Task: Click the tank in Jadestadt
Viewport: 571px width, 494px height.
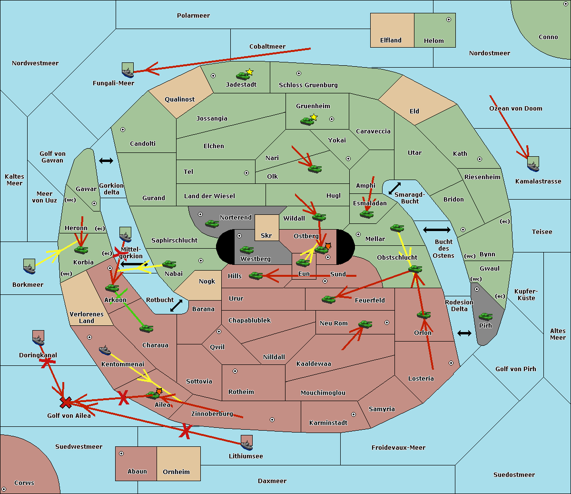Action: point(243,76)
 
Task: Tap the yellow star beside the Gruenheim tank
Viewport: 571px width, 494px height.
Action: point(314,117)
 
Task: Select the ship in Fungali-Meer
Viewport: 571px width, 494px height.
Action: point(128,70)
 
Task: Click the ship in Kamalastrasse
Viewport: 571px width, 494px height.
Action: point(533,164)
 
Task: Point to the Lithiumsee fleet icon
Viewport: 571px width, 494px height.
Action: point(246,443)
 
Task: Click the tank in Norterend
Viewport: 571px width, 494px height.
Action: point(212,223)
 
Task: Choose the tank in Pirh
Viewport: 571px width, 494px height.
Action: point(485,316)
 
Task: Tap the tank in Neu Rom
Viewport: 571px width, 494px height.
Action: point(365,324)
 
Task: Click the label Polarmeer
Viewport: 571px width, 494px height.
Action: point(193,16)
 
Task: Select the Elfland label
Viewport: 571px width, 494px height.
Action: point(391,40)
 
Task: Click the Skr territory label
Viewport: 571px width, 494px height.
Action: point(266,235)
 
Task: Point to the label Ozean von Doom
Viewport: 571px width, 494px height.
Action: point(515,109)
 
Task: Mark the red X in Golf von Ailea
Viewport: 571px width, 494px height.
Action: point(66,403)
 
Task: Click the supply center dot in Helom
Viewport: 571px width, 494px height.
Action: point(449,20)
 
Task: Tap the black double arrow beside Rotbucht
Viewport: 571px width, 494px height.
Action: point(176,305)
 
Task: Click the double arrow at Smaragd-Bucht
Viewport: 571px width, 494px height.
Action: point(394,188)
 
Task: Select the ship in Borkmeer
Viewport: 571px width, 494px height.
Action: point(30,266)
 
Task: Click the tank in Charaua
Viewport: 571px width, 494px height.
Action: point(146,328)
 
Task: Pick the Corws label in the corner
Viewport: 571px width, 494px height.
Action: point(24,483)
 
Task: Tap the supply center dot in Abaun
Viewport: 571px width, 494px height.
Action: point(121,454)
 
